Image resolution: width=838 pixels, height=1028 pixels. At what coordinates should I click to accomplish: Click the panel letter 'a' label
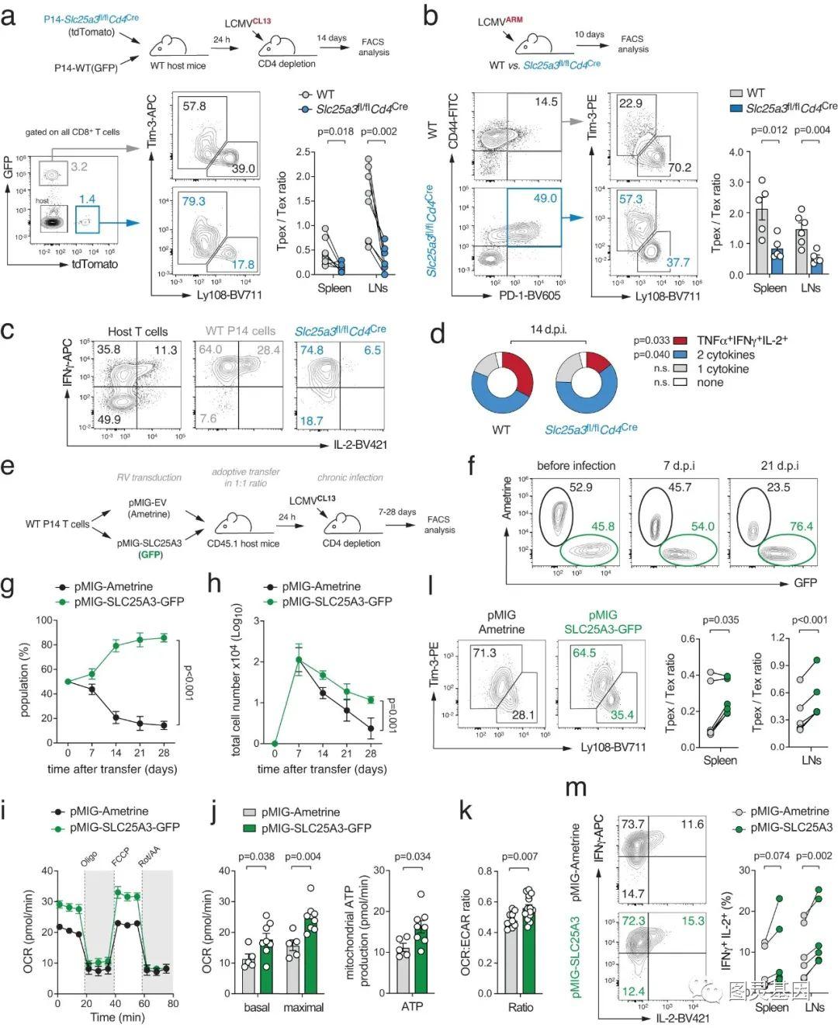9,16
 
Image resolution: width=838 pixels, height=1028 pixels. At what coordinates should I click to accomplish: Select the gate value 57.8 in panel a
194,106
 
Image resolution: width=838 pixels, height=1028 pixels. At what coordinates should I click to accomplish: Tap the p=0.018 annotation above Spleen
336,131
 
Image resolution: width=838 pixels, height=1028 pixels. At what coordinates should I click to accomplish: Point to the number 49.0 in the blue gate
544,199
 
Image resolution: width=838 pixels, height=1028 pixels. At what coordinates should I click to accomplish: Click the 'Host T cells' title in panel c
137,332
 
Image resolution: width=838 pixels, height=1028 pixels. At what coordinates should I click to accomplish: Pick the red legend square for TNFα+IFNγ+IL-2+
680,341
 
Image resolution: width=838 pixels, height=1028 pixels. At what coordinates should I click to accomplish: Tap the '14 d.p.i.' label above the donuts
548,330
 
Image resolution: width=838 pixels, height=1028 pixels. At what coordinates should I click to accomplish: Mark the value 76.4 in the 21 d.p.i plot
800,526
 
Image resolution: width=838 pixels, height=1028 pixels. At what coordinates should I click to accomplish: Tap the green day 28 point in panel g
164,637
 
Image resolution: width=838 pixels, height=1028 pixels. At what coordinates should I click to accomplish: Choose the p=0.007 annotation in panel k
520,856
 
